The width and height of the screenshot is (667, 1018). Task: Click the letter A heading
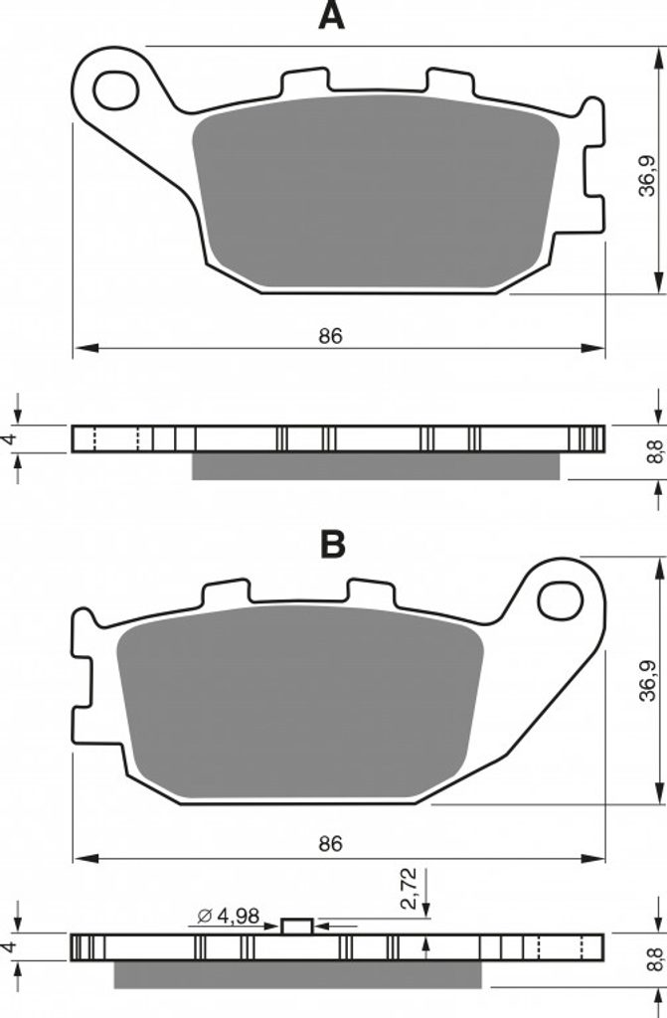tap(331, 16)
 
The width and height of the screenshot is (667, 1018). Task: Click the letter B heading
tap(333, 545)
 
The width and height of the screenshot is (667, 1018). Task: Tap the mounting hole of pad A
tap(116, 89)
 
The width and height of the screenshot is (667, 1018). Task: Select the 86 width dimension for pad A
tap(330, 336)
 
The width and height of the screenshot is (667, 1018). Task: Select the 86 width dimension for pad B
tap(330, 844)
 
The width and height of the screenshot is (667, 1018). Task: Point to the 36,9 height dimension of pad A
tap(646, 175)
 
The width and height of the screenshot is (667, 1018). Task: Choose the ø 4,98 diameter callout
tap(229, 916)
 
